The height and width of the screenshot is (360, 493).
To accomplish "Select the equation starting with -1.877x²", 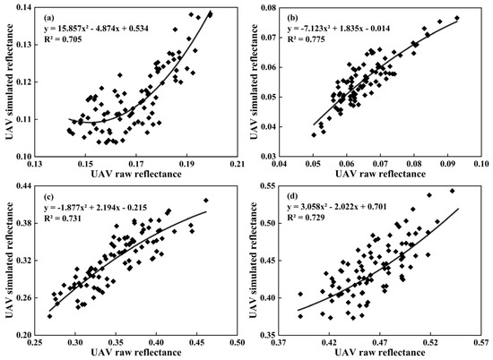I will [106, 208].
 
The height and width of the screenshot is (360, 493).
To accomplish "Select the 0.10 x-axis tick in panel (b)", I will [481, 165].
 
